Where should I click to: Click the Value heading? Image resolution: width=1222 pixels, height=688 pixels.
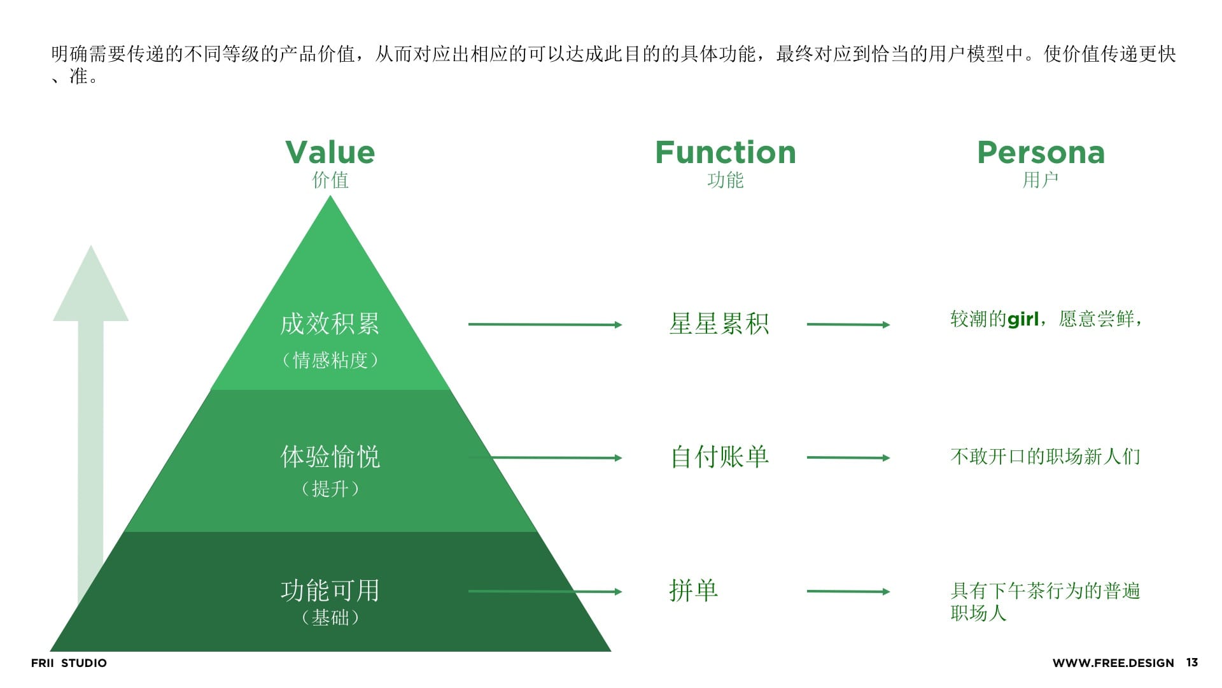tap(330, 153)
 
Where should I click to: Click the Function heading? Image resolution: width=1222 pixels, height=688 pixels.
tap(725, 153)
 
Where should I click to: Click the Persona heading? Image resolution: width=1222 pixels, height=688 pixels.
tap(1041, 153)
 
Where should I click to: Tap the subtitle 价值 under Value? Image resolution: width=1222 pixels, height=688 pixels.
tap(330, 180)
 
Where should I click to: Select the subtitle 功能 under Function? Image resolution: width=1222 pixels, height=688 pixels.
tap(725, 180)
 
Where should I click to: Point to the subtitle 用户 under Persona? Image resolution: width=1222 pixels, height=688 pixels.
tap(1040, 180)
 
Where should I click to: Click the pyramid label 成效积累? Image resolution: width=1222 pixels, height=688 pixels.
tap(330, 324)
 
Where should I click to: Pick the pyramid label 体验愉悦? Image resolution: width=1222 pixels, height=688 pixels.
tap(330, 457)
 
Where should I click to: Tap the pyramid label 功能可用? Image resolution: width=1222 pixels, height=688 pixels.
tap(330, 591)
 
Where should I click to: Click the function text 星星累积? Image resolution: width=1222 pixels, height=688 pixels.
tap(719, 324)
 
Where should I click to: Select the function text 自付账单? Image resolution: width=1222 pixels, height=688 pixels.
tap(719, 457)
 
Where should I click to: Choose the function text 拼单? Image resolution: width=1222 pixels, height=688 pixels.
tap(693, 591)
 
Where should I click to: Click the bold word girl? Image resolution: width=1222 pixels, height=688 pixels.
tap(1023, 319)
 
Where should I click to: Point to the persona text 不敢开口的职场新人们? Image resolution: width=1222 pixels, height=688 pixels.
tap(1045, 457)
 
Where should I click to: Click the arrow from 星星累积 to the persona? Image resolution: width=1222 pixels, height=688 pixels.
tap(848, 324)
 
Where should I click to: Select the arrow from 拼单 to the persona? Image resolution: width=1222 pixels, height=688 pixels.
tap(848, 591)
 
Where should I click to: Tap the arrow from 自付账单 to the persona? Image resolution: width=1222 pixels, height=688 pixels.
tap(848, 457)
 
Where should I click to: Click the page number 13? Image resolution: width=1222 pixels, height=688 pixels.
tap(1191, 663)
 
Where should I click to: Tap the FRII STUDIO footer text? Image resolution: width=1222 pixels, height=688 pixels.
tap(69, 663)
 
